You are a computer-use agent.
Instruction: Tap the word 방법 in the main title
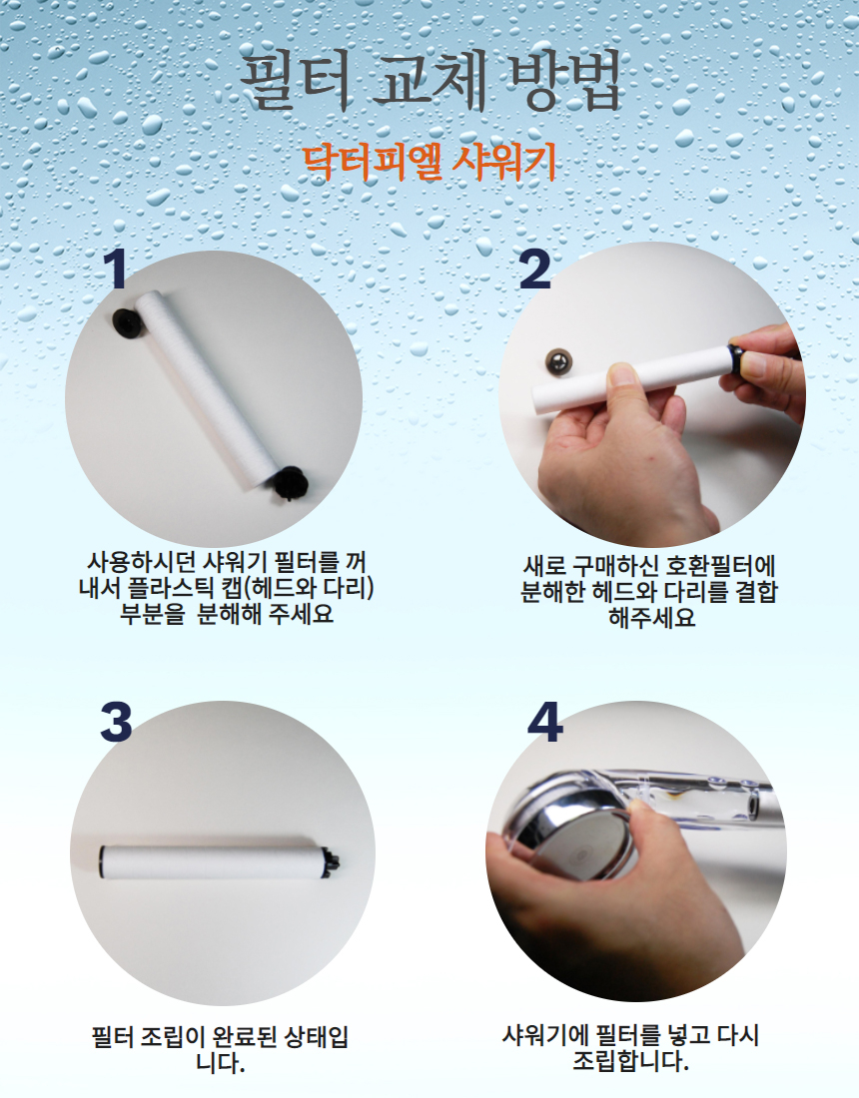click(565, 78)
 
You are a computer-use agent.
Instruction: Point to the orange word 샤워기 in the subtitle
click(504, 162)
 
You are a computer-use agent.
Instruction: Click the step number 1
click(115, 269)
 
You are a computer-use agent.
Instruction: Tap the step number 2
click(534, 269)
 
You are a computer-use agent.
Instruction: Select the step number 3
click(116, 722)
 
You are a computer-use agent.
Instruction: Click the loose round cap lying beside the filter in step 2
click(558, 360)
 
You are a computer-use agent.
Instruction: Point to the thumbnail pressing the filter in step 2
click(621, 374)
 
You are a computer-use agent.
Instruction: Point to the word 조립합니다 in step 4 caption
click(630, 1061)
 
